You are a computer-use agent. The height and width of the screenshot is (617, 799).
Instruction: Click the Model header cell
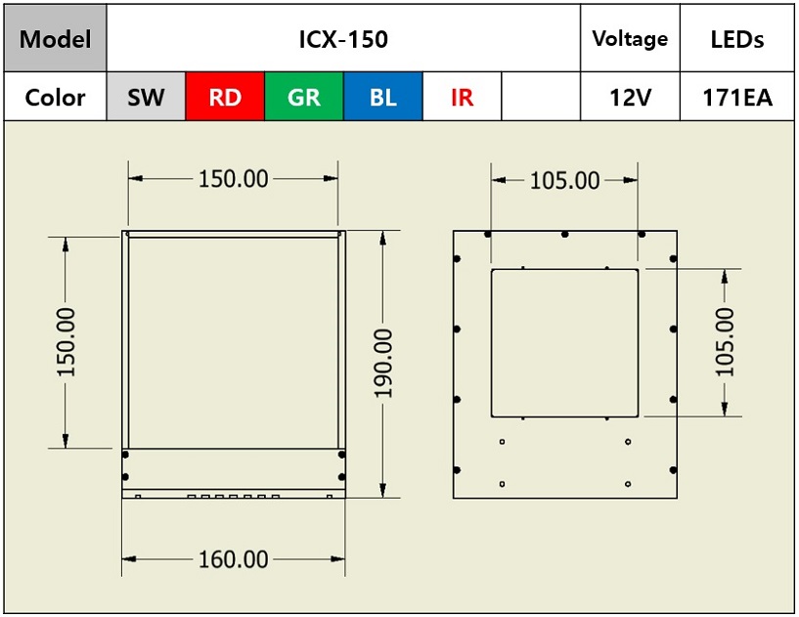point(55,38)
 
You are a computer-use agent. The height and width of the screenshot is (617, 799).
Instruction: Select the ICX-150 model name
point(343,39)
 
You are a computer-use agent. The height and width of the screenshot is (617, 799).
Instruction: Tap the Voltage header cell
point(630,38)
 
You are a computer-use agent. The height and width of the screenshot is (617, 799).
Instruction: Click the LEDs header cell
point(736,38)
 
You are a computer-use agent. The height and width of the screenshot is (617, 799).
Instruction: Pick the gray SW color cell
point(146,96)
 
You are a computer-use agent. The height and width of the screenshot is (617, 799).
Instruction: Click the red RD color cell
point(225,96)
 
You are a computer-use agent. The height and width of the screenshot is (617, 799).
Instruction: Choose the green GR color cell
point(304,96)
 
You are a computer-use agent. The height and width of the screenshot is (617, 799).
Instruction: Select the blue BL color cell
point(382,96)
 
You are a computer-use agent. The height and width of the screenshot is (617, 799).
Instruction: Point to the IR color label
point(462,98)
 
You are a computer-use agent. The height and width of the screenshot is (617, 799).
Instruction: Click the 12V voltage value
point(630,98)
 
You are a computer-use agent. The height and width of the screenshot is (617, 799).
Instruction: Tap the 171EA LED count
point(736,98)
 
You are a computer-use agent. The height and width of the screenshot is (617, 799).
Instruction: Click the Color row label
point(55,98)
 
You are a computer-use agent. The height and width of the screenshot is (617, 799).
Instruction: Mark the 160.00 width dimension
point(234,559)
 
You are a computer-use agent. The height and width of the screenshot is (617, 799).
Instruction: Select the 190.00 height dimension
point(383,364)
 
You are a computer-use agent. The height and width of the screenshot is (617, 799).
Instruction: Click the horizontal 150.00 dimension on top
point(234,179)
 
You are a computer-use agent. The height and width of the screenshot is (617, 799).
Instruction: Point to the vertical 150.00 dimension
point(66,341)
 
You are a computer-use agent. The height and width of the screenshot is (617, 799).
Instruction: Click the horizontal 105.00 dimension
point(564,180)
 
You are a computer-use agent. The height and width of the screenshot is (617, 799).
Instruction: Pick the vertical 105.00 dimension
point(725,341)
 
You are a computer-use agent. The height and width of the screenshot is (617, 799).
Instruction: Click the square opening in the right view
point(491,342)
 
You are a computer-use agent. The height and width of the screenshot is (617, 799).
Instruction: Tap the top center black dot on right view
point(564,235)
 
